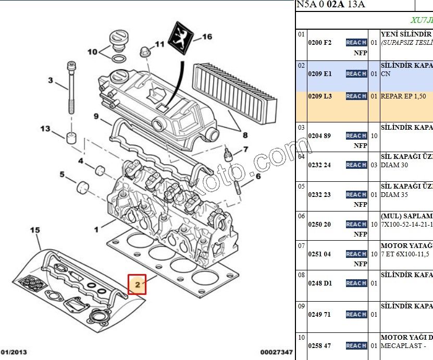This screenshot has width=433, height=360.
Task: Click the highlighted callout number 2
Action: [x=138, y=284]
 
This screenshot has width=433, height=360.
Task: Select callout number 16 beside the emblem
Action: [x=207, y=37]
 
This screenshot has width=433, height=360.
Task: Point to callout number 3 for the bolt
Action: [x=51, y=80]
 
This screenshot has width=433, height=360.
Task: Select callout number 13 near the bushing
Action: [x=46, y=129]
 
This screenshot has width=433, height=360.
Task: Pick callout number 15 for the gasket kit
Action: [x=35, y=230]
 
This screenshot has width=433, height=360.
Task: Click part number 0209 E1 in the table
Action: [x=320, y=74]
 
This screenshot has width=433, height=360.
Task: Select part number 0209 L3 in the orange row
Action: [x=320, y=96]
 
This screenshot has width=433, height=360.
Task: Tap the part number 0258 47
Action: [x=320, y=346]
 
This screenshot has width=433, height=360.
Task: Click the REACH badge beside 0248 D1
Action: [x=356, y=283]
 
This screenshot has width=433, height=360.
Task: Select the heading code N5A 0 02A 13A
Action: [x=331, y=5]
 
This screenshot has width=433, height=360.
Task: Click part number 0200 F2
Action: [x=320, y=43]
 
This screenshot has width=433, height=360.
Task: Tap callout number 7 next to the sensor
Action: [x=245, y=150]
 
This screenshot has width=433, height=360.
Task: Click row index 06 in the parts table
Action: [x=301, y=216]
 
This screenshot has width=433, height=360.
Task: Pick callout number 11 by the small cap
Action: [x=159, y=44]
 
